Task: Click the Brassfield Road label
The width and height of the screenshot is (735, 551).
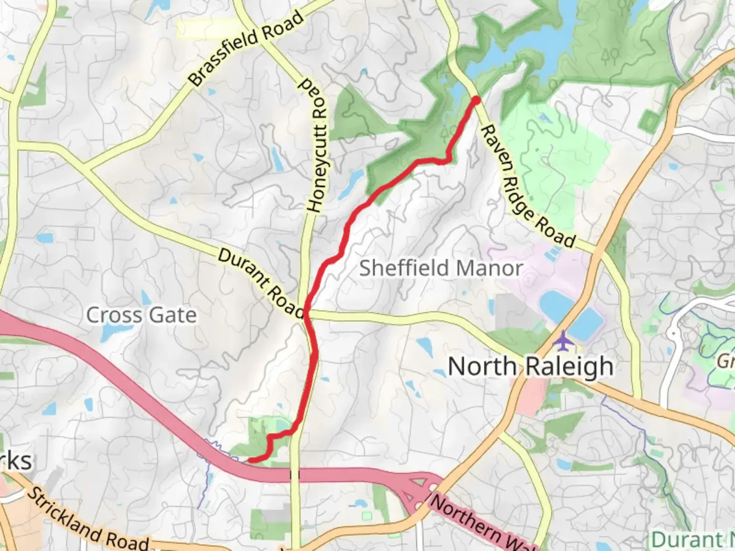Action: point(246,48)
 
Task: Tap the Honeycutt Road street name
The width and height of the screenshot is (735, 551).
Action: point(316,145)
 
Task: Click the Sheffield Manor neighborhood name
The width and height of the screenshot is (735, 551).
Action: point(441,268)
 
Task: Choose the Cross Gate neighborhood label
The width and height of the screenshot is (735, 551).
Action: point(141,315)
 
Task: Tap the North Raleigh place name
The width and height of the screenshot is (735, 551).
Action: point(530,366)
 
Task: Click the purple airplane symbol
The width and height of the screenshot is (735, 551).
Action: point(562,341)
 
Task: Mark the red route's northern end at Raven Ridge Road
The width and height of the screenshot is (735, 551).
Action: point(476,99)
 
